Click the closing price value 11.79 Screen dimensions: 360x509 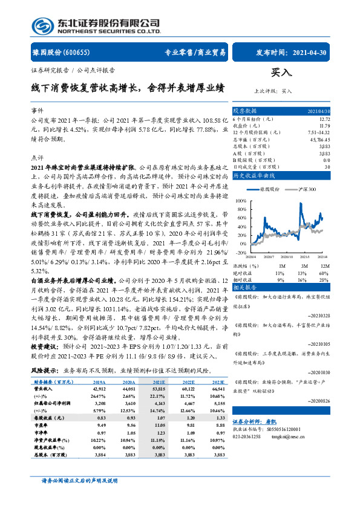coord(324,126)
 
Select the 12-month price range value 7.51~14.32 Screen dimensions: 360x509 coord(319,132)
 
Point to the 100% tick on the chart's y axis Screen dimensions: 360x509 coord(241,200)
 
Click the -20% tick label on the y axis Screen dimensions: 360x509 coord(241,252)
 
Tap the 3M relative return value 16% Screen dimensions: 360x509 coord(303,280)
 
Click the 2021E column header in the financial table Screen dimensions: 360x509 coord(158,383)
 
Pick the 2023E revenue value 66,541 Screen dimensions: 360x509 coord(217,389)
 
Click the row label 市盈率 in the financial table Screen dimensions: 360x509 coord(42,424)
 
